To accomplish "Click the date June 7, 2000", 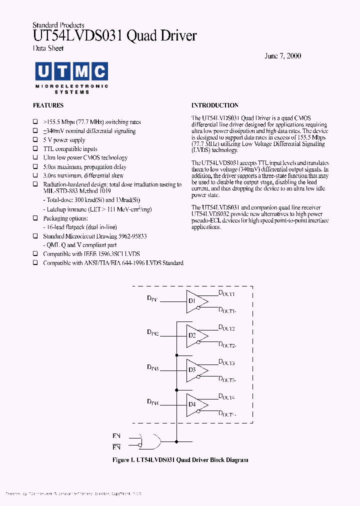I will (282, 56).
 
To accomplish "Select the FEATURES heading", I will (48, 105).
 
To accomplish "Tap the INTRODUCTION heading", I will (215, 105).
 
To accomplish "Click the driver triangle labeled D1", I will (195, 301).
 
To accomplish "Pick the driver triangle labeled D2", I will (195, 336).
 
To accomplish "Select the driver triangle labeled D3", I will (195, 370).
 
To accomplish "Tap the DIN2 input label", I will (152, 332).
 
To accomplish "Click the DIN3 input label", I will (152, 367).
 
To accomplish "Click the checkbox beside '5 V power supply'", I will (35, 140).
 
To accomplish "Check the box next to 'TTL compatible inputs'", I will (35, 149).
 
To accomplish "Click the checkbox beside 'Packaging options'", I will (35, 218).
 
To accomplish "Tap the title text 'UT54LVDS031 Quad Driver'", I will (114, 36).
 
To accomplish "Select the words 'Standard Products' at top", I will (58, 25).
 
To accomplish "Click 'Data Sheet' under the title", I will (48, 48).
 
